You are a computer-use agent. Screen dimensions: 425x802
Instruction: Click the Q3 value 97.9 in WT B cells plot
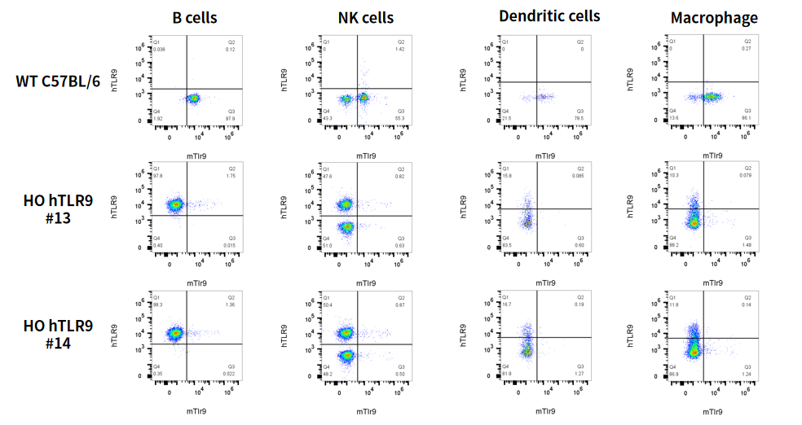pos(231,119)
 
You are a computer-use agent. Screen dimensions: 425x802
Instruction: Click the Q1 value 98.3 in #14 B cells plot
pos(158,305)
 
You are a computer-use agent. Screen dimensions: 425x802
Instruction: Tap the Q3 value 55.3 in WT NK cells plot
pos(400,119)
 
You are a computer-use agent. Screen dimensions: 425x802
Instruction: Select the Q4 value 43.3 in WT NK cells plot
pos(328,119)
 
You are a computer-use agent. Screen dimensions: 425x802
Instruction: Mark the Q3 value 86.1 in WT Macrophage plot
pos(747,119)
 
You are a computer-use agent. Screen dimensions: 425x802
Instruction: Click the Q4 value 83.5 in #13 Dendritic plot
pos(507,246)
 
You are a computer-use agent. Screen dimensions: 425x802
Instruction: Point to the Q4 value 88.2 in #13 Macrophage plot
pos(673,244)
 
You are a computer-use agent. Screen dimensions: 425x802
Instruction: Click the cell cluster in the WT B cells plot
pos(194,99)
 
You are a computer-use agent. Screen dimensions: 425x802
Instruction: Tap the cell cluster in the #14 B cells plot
pos(174,333)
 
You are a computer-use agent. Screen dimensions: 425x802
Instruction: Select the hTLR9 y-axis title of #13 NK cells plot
pos(284,207)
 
